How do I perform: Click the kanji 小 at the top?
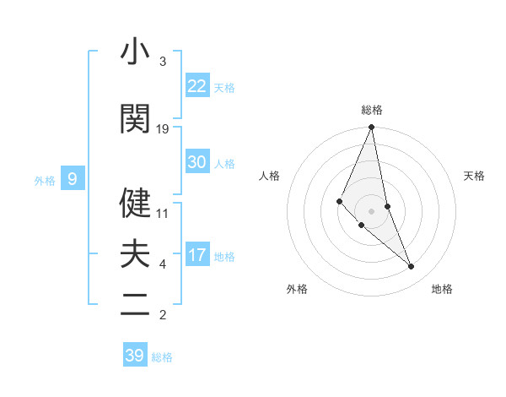(x=135, y=52)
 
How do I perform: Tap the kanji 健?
(x=135, y=203)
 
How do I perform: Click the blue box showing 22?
(x=197, y=86)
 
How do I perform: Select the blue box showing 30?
(x=197, y=163)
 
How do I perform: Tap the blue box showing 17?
(x=197, y=256)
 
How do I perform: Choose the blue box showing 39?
(x=135, y=356)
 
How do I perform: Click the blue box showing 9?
(x=73, y=179)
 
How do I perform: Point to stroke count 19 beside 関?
(x=163, y=129)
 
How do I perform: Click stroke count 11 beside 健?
(x=163, y=214)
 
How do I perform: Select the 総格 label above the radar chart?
(x=371, y=110)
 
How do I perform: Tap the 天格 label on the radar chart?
(x=474, y=176)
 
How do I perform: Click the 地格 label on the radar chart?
(x=442, y=289)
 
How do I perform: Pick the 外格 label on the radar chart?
(x=297, y=289)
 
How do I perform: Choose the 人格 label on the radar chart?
(x=270, y=176)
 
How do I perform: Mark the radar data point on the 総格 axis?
(x=371, y=128)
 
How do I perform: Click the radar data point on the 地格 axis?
(x=412, y=267)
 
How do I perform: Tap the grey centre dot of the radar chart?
(x=371, y=210)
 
